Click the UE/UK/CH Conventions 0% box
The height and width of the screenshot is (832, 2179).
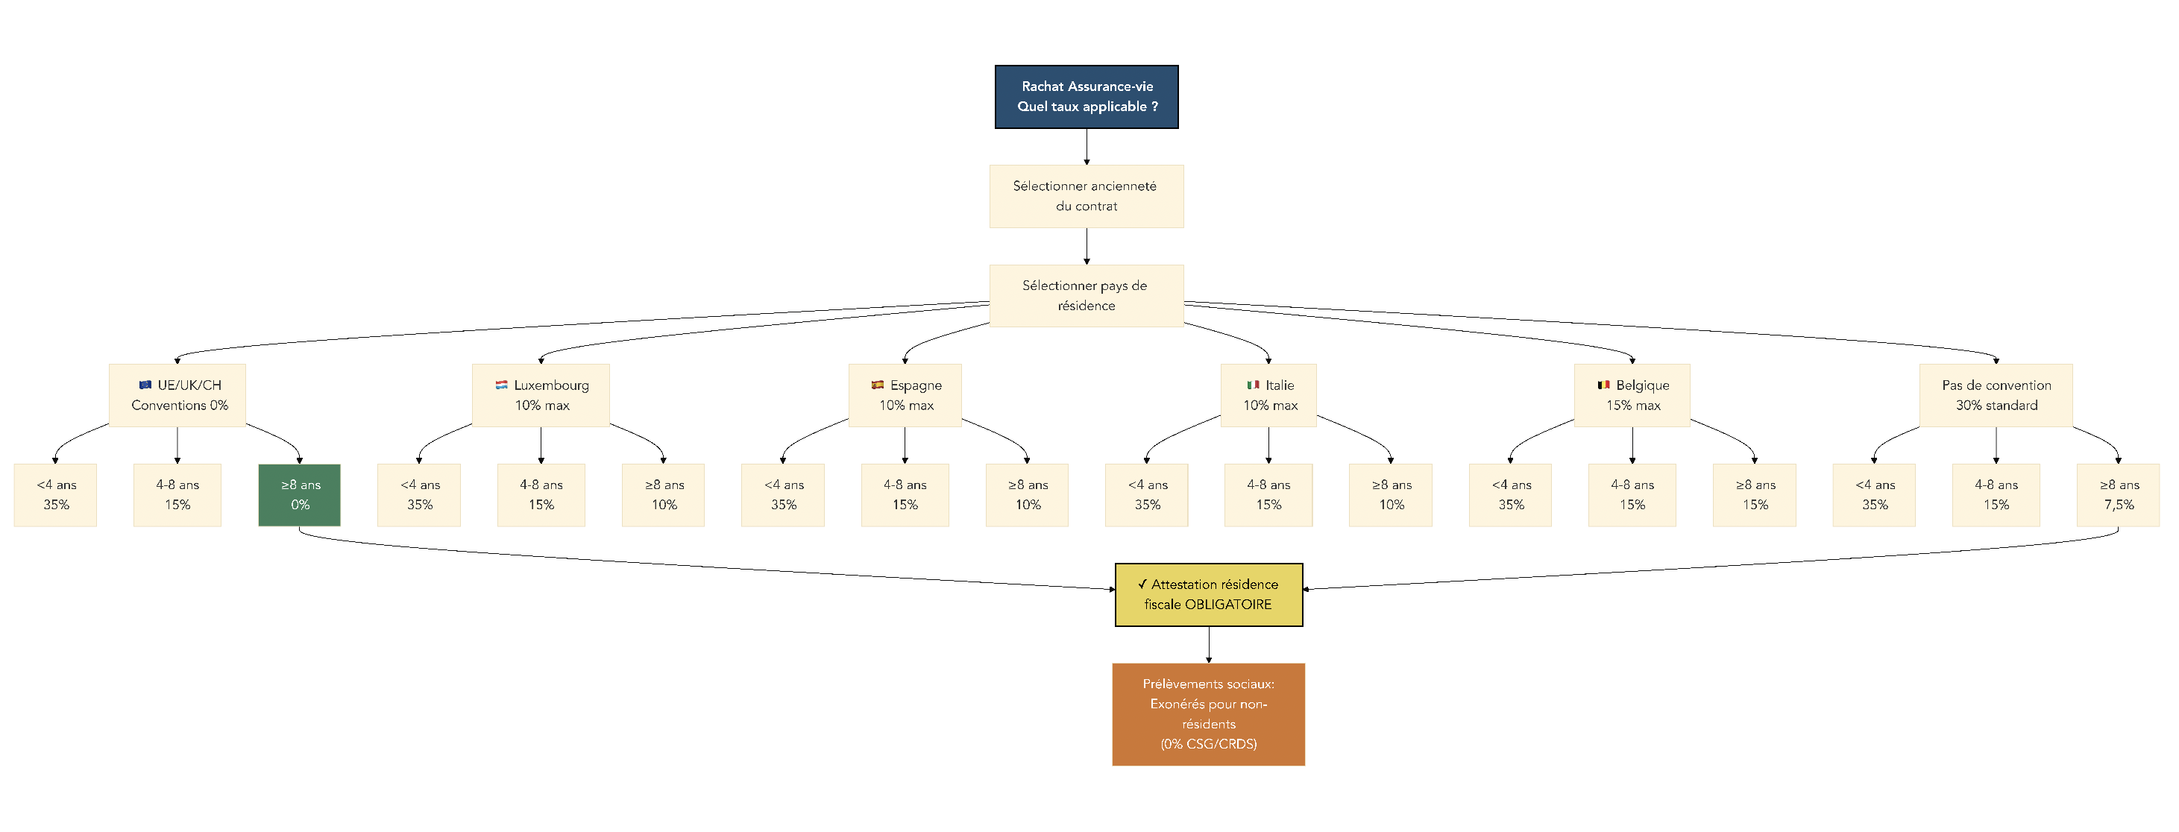point(177,395)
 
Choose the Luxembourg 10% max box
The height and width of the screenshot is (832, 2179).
point(541,395)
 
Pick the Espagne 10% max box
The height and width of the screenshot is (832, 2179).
point(905,395)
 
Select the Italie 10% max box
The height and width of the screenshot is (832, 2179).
point(1268,395)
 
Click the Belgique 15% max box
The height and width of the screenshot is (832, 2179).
point(1632,395)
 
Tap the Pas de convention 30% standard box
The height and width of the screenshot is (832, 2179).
point(1996,395)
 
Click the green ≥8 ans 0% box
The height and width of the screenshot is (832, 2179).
point(300,494)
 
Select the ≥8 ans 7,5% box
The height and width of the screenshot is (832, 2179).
point(2118,494)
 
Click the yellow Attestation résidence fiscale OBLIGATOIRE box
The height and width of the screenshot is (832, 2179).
point(1208,594)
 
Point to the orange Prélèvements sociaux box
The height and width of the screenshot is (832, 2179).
point(1208,713)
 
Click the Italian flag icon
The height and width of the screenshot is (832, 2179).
point(1253,385)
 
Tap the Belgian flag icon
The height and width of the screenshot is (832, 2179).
point(1603,385)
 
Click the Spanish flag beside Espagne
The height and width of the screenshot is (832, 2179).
point(877,385)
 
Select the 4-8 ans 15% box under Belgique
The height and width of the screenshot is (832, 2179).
point(1632,494)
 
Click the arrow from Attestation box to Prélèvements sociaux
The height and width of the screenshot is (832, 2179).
point(1208,644)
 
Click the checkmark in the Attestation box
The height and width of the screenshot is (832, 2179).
point(1142,584)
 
